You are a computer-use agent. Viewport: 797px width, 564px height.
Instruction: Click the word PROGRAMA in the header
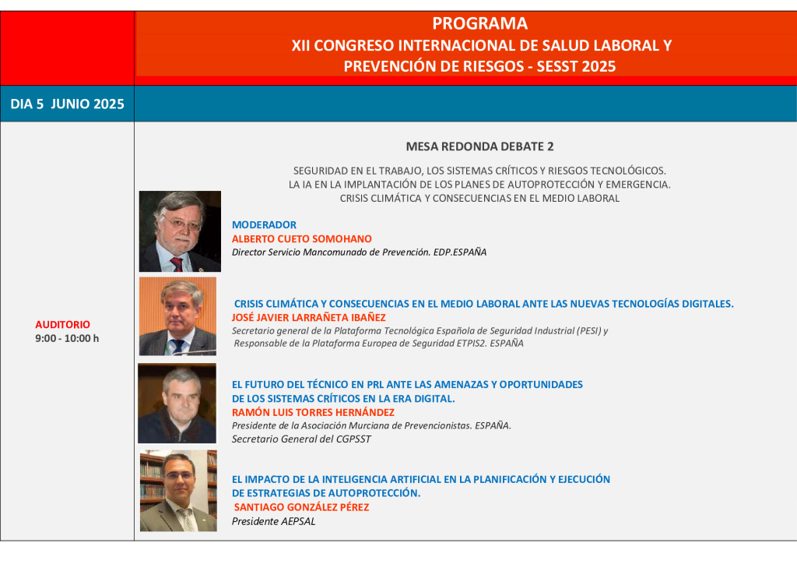tap(479, 23)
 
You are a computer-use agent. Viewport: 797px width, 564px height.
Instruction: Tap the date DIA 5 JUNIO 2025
tap(67, 104)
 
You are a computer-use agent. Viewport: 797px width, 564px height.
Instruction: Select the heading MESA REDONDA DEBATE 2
tap(479, 146)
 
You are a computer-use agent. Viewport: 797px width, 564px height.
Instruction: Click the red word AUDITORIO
tap(62, 325)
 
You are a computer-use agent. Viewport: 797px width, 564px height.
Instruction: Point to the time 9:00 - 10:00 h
tap(67, 338)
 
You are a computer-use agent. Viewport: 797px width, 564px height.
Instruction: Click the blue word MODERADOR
tap(264, 225)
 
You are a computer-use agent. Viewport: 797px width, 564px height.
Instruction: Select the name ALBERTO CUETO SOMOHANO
tap(302, 239)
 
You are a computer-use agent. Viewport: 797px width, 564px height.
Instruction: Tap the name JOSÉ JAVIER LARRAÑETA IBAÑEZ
tap(308, 317)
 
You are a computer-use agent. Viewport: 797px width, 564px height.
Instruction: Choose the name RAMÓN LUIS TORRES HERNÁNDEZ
tap(313, 412)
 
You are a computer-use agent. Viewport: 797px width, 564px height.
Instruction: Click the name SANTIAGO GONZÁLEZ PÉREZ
tap(301, 507)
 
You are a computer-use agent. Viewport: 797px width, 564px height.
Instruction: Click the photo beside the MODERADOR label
tap(180, 231)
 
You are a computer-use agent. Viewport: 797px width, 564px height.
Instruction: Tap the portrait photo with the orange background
tap(178, 315)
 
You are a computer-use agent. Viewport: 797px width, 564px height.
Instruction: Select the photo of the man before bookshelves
tap(178, 491)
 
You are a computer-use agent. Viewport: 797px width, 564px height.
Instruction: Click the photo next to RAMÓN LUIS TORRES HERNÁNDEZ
tap(177, 404)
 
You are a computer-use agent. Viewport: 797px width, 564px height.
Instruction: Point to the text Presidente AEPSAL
tap(273, 521)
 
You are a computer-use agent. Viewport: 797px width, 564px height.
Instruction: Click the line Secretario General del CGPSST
tap(301, 439)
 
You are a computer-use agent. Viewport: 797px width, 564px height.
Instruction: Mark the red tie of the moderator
tap(177, 264)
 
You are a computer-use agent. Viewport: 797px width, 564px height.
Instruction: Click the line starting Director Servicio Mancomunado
tap(359, 252)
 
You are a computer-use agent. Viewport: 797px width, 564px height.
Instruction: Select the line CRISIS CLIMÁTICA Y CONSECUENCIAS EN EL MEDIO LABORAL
tap(479, 199)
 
